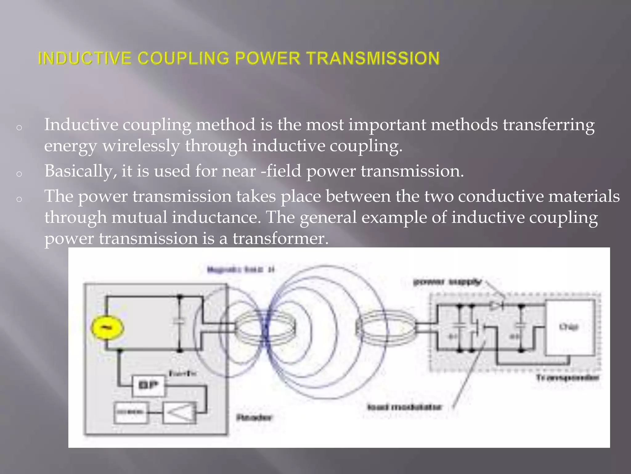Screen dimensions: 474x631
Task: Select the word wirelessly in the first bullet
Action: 141,146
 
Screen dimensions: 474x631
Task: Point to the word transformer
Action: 280,239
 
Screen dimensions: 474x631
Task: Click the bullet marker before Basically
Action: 19,174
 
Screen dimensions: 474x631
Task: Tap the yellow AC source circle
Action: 108,328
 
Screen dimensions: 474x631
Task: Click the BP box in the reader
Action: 149,385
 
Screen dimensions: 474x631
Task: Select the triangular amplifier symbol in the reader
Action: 180,412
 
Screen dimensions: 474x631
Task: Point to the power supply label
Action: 447,282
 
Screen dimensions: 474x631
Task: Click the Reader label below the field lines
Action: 254,418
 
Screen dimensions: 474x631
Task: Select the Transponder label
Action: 568,378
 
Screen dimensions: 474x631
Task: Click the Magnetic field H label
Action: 241,270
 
